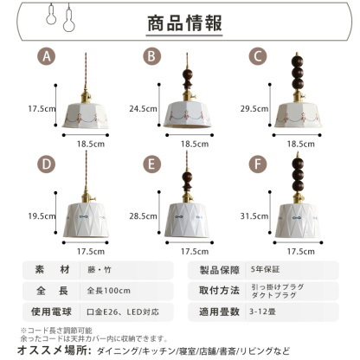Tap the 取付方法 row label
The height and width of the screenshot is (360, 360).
click(x=218, y=289)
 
